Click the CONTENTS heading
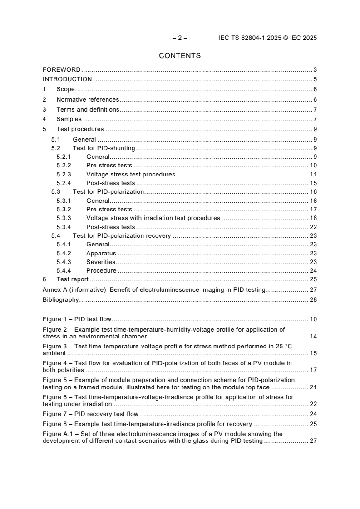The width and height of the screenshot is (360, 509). [180, 56]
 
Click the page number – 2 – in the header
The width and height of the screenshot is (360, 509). [180, 38]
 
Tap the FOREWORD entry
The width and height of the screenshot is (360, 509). [61, 69]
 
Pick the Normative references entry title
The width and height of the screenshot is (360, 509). [88, 99]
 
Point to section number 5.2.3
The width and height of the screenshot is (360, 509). [64, 175]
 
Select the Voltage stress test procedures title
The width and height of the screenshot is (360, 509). [130, 175]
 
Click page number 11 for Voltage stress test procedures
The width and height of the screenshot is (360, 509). [313, 175]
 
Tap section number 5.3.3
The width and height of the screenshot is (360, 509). [64, 218]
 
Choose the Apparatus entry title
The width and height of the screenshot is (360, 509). [101, 254]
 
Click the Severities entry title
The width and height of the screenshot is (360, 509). [101, 262]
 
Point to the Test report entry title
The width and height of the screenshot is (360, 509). [72, 279]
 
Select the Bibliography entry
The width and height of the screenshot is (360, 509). [60, 299]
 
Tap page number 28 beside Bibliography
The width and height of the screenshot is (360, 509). [313, 299]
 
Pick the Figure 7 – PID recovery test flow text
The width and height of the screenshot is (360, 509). [90, 414]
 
